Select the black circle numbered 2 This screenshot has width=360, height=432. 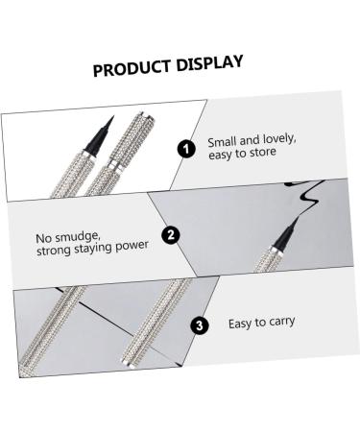point(169,234)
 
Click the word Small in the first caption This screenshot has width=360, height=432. point(223,142)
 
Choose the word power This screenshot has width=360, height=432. point(128,246)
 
